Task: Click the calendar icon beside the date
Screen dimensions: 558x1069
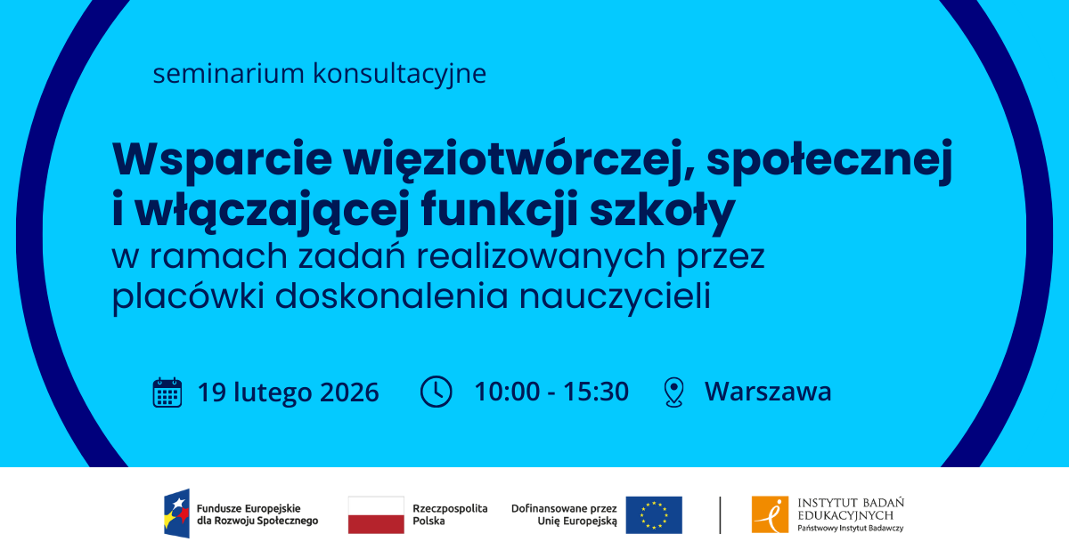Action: (x=167, y=392)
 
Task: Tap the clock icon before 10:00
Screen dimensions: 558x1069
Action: (x=436, y=392)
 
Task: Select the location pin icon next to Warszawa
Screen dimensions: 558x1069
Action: (x=674, y=392)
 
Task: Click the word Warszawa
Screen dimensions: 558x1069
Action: (x=768, y=392)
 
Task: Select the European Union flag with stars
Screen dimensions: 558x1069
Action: (x=654, y=515)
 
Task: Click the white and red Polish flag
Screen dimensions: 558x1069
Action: (x=376, y=515)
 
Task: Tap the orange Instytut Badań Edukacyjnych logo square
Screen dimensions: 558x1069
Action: (x=771, y=515)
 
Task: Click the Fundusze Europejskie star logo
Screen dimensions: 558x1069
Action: (x=176, y=515)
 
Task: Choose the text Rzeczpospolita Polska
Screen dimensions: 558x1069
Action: (x=450, y=514)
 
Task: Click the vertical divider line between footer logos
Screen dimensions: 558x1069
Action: (x=720, y=515)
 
